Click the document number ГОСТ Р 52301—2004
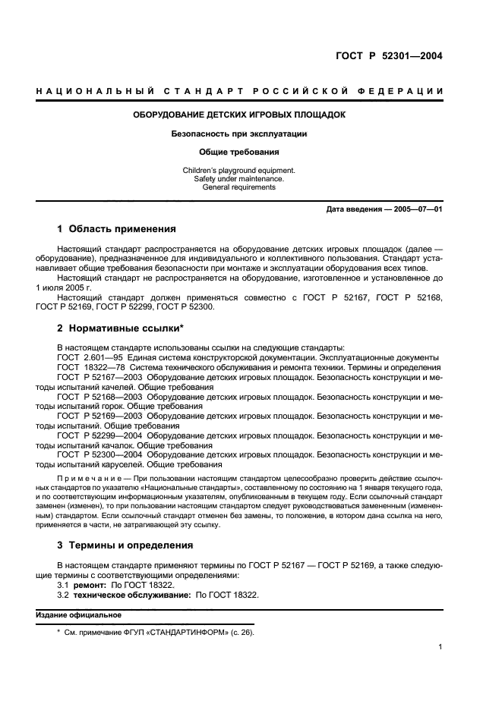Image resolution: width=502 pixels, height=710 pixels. click(390, 55)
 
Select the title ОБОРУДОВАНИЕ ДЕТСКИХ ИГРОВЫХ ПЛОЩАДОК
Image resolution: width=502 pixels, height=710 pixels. click(239, 115)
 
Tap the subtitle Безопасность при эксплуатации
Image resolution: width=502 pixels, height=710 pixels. click(239, 134)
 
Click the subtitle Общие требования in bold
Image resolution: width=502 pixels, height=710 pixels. click(239, 152)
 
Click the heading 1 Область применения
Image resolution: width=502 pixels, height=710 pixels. click(117, 229)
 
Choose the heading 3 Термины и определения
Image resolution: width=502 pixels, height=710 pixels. click(125, 545)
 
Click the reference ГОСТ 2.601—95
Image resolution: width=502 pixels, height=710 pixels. click(88, 357)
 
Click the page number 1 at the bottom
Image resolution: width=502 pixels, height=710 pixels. click(440, 647)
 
